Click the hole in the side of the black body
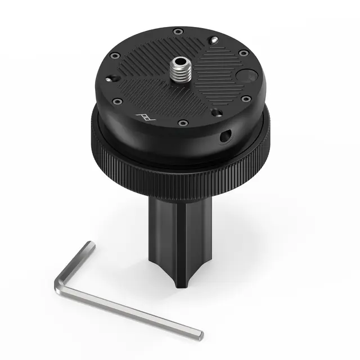[x=224, y=136]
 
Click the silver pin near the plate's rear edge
[x=215, y=39]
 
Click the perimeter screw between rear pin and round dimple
[x=243, y=53]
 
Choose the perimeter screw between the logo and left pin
[x=118, y=102]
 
